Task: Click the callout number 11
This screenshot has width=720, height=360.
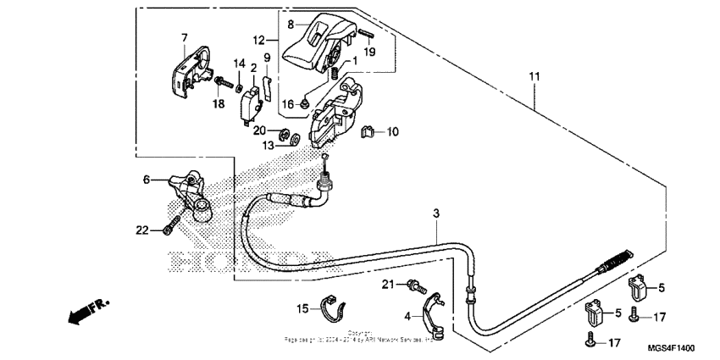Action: click(x=534, y=77)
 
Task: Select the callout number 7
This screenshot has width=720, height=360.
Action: click(x=184, y=37)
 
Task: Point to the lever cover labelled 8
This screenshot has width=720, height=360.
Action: click(x=313, y=42)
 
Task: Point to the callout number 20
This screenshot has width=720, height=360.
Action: click(x=260, y=130)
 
